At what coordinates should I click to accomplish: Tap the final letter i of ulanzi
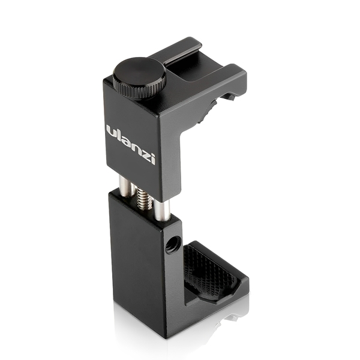153,158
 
